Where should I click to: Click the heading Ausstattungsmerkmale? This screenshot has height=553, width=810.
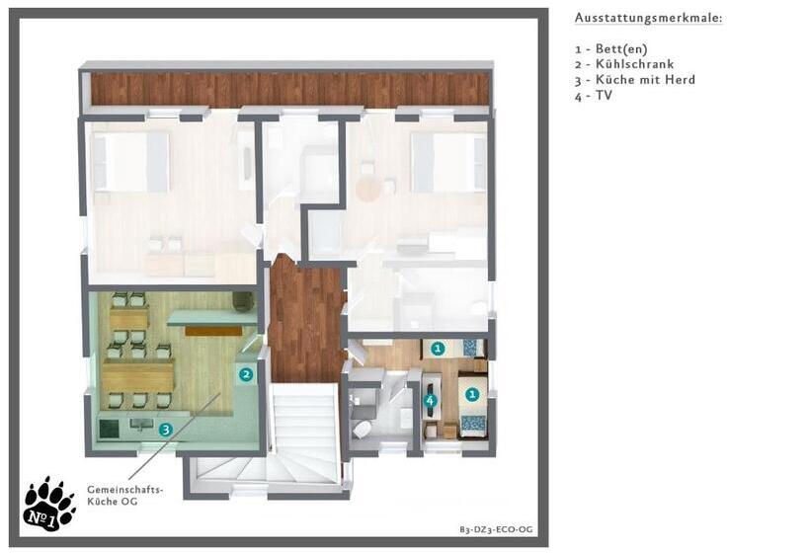tap(648, 18)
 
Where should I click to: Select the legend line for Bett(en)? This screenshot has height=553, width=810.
tap(611, 49)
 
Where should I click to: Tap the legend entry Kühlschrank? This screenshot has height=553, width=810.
tap(624, 64)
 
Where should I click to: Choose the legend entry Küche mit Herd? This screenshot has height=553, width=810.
tap(635, 80)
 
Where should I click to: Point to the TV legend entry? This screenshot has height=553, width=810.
tap(594, 96)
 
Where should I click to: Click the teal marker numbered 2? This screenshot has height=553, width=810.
tap(246, 374)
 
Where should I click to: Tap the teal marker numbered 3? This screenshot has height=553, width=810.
tap(165, 430)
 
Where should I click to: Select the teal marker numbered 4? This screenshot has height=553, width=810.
tap(431, 401)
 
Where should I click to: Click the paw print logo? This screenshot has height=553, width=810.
tap(49, 505)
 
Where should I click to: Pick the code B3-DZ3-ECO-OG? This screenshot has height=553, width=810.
tap(496, 529)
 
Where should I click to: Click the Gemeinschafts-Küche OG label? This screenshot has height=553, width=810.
tap(124, 495)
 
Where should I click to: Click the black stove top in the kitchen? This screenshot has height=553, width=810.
tap(109, 428)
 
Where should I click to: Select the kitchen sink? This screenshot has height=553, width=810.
tap(141, 425)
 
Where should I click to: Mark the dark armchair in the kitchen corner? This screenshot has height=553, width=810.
tap(243, 301)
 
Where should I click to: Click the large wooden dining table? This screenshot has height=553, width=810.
tap(138, 375)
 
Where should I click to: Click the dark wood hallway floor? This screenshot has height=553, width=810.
tap(307, 319)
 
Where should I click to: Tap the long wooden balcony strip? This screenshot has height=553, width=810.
tap(289, 89)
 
